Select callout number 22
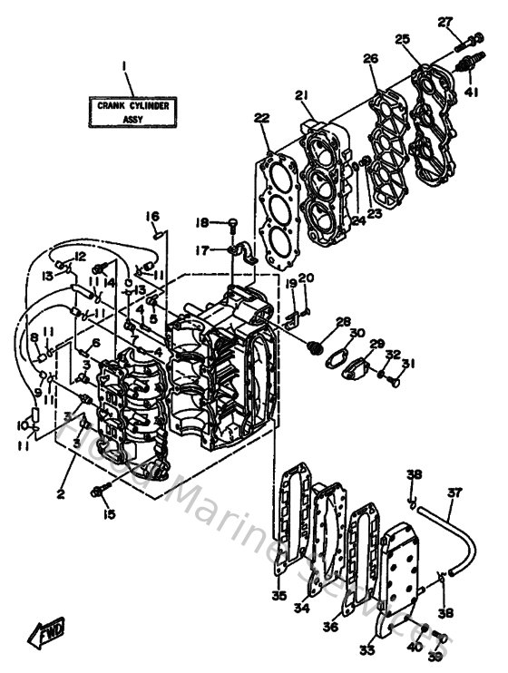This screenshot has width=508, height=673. tap(261, 118)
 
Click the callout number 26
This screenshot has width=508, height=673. tap(370, 59)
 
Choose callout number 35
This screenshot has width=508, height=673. tap(278, 596)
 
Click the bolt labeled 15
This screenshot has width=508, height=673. tap(100, 493)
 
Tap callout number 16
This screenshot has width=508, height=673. tap(152, 216)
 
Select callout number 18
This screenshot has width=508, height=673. tap(203, 223)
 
